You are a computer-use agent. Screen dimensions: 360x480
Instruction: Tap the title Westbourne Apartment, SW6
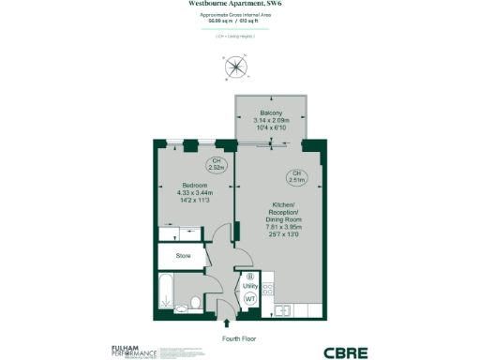point(240,5)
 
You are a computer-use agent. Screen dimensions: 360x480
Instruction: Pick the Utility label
point(250,286)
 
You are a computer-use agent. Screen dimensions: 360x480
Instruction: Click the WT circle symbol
point(250,298)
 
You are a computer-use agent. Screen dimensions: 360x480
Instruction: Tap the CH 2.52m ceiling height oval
point(217,165)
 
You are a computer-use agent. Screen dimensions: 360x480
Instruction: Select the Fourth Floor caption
point(240,337)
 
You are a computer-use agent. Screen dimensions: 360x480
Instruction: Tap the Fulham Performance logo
point(134,352)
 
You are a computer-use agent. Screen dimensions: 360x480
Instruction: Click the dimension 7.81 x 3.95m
point(283,226)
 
